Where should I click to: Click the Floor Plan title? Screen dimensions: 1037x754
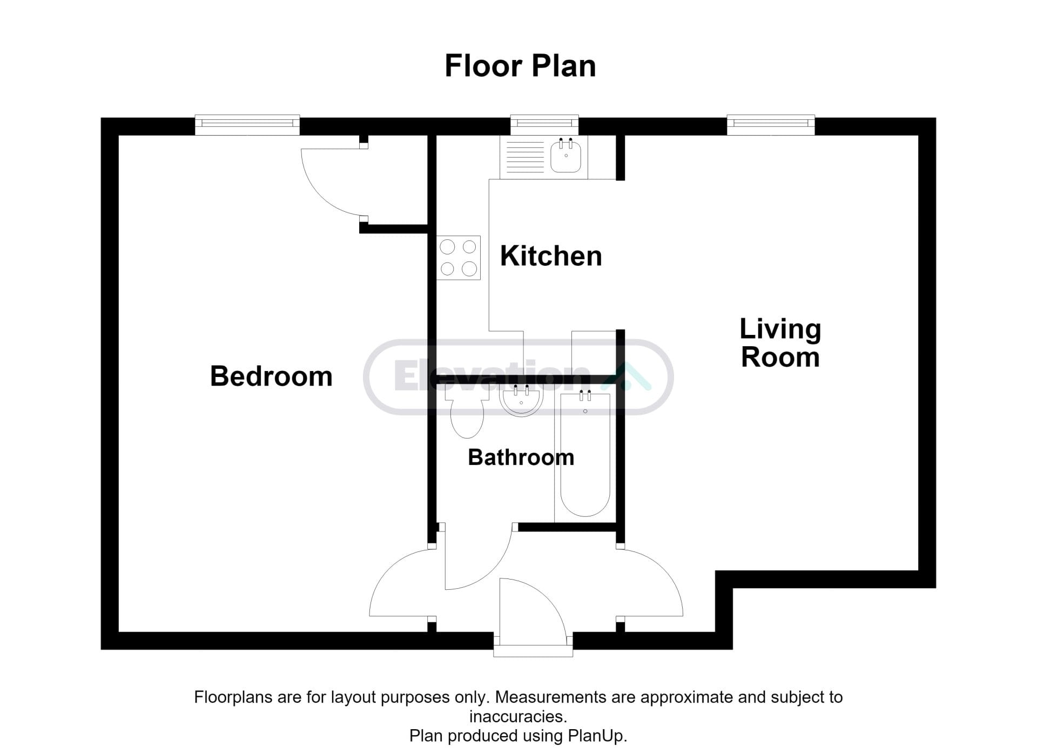[x=520, y=66]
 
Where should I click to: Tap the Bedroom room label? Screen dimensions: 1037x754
[x=271, y=376]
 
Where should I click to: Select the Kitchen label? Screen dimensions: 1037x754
[x=551, y=255]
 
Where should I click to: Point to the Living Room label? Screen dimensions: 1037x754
[x=780, y=343]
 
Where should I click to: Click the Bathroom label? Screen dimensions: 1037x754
[x=521, y=457]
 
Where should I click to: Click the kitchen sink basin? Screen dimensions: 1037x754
[x=566, y=156]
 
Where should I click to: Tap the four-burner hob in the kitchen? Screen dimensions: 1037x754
[x=459, y=258]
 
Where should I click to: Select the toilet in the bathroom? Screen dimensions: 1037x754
[x=467, y=413]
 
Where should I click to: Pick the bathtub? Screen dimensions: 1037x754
[x=585, y=455]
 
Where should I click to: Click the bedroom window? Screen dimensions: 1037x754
[x=247, y=125]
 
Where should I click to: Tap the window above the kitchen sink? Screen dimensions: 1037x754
[x=544, y=125]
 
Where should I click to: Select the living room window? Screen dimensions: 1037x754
[x=771, y=125]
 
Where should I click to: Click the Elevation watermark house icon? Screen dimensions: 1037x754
[x=627, y=376]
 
